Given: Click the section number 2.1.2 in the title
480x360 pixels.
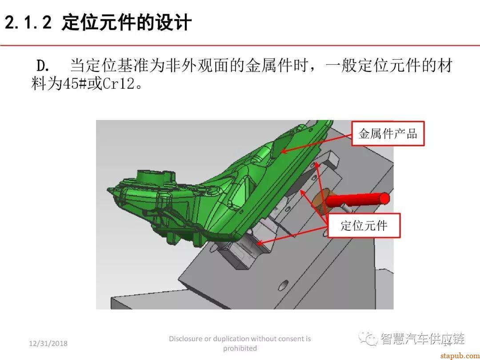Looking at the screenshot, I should tap(28, 22).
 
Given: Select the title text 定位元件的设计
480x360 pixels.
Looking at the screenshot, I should tap(127, 22).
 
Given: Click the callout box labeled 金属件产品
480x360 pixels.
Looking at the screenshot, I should tap(388, 133).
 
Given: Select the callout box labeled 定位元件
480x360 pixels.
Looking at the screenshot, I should tap(364, 225).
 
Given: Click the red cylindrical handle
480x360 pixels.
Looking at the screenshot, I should tap(358, 200).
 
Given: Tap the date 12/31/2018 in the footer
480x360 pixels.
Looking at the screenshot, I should tap(48, 344).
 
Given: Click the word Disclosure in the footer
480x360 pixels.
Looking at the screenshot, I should tap(185, 339).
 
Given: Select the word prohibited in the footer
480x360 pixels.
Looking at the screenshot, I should tap(240, 348).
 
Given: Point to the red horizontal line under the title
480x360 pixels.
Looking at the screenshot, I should tap(240, 45).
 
